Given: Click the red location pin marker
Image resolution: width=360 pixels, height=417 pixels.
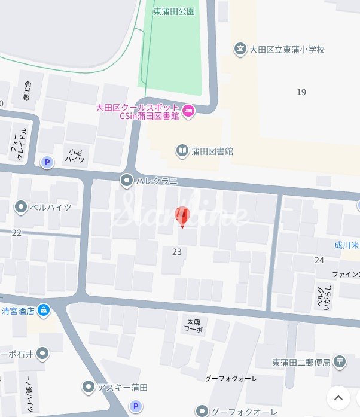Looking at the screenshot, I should tap(182, 216).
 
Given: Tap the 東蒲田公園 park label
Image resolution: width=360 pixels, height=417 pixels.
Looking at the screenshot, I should tap(174, 11).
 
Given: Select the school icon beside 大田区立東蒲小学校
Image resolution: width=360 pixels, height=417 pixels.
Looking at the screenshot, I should tap(240, 50).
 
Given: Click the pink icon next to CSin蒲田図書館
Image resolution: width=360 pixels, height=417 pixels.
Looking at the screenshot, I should tap(188, 111).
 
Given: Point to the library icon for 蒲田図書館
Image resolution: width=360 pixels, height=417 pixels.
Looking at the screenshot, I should tap(182, 151).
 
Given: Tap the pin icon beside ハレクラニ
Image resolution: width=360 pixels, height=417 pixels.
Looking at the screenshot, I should tap(127, 179).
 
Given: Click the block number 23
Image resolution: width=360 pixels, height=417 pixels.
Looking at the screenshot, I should tap(176, 252).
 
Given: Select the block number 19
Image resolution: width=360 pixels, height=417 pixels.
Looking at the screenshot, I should tap(301, 92).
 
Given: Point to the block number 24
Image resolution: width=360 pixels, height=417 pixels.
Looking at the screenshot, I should tap(319, 260).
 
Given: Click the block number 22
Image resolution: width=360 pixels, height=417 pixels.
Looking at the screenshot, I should tap(16, 233).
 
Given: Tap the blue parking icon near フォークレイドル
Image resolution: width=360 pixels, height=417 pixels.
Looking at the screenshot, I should tap(46, 162).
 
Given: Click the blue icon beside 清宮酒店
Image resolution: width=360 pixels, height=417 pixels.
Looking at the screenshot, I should tap(43, 310).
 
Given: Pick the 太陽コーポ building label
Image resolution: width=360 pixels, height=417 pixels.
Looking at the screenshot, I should tap(193, 325).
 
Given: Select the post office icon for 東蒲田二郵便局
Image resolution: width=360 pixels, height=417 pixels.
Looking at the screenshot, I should tap(340, 361).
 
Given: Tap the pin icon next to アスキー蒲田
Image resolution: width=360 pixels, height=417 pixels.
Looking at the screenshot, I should tap(89, 387).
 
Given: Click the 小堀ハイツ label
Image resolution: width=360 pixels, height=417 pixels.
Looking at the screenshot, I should tap(75, 156).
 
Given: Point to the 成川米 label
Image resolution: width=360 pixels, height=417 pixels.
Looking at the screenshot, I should tap(347, 244).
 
